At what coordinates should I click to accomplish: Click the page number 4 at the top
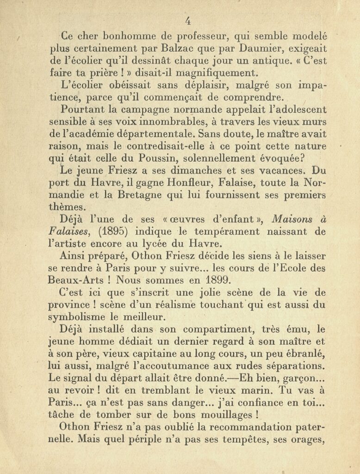pyautogui.click(x=188, y=21)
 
